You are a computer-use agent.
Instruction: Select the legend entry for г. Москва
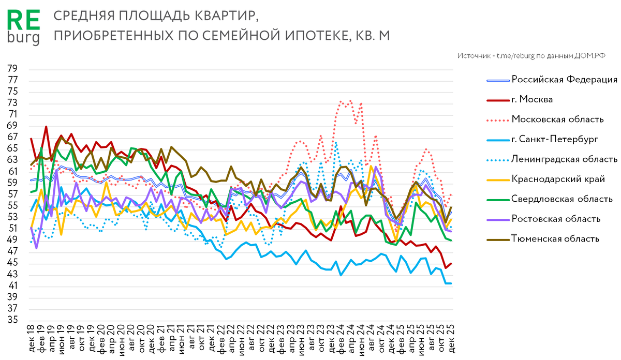pyautogui.click(x=534, y=99)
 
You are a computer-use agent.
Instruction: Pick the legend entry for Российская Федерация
pyautogui.click(x=564, y=79)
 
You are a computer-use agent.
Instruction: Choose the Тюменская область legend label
pyautogui.click(x=555, y=238)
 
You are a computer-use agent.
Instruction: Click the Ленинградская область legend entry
pyautogui.click(x=564, y=159)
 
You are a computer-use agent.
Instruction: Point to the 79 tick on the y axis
pyautogui.click(x=12, y=69)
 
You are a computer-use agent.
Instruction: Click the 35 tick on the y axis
pyautogui.click(x=12, y=320)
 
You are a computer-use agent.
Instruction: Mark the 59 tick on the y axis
pyautogui.click(x=12, y=183)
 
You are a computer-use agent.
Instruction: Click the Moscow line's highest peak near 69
pyautogui.click(x=46, y=126)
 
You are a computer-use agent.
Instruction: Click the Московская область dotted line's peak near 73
pyautogui.click(x=351, y=100)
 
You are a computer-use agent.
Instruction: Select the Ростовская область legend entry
pyautogui.click(x=556, y=219)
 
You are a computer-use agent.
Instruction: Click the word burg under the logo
pyautogui.click(x=23, y=37)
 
